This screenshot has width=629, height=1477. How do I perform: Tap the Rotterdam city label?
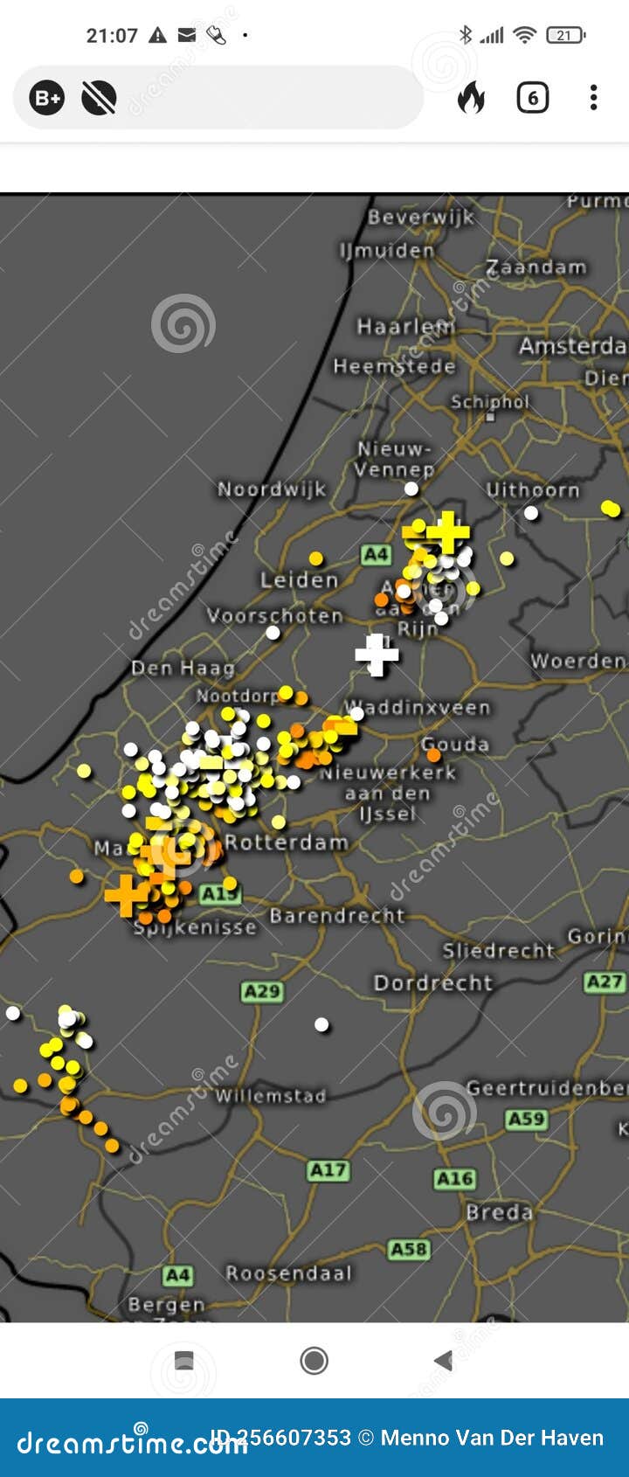[287, 843]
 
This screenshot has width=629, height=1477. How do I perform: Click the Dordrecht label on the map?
[433, 983]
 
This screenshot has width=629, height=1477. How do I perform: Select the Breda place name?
[499, 1212]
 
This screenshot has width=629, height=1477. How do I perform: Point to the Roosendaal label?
[288, 1273]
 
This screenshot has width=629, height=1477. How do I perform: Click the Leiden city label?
[299, 580]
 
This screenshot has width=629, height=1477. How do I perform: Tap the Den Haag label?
[183, 669]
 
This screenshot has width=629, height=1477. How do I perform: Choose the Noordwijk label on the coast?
[271, 489]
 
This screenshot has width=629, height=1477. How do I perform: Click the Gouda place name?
[455, 745]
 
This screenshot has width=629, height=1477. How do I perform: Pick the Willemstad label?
[271, 1096]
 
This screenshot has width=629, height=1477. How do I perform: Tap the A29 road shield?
[261, 991]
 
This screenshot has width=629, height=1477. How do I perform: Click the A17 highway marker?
[328, 1170]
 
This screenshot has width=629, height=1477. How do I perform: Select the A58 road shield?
[409, 1249]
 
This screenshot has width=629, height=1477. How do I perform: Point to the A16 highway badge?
[454, 1179]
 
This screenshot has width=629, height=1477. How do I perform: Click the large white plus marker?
[377, 655]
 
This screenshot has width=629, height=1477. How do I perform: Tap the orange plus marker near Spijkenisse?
[127, 895]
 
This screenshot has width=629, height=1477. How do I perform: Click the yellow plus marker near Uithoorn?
[447, 531]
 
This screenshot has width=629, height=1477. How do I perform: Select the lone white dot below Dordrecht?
[321, 1024]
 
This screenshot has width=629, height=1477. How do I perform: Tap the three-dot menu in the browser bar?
[593, 97]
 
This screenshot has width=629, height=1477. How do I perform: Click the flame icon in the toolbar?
[471, 97]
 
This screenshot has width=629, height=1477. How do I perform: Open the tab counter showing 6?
[532, 97]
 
